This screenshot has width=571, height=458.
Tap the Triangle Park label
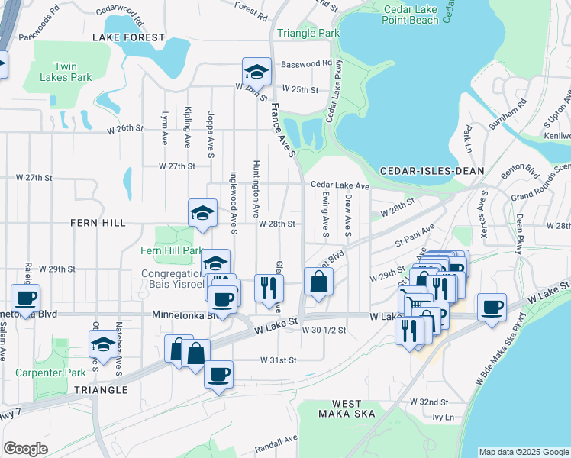(308, 34)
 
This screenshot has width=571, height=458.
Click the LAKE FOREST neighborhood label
(128, 37)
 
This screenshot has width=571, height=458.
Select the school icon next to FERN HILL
(203, 212)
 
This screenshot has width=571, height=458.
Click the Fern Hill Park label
(172, 250)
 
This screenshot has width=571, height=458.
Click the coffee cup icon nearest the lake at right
(492, 308)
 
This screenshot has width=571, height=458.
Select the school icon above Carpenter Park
(103, 344)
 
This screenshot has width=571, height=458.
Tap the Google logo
(25, 448)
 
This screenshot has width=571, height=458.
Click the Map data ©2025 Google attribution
(523, 452)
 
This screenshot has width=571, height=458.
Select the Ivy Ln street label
(443, 418)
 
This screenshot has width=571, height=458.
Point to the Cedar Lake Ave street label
(339, 185)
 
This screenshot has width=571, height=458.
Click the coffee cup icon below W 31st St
(218, 374)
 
